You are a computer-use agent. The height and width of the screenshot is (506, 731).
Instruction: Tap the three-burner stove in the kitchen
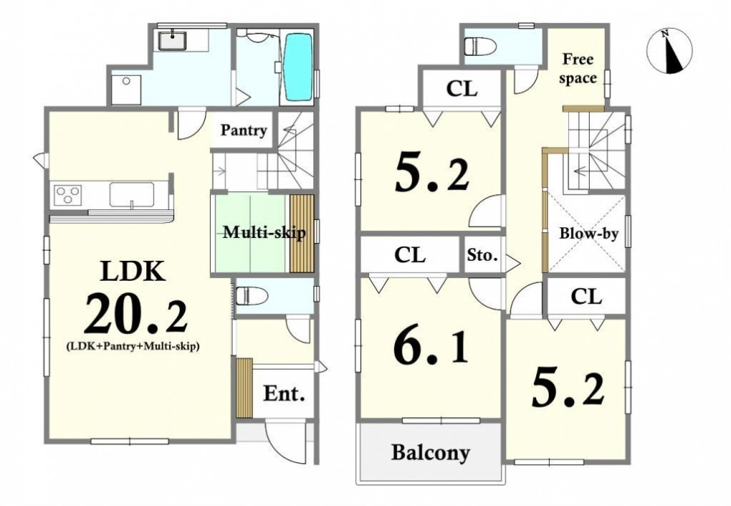click(68, 194)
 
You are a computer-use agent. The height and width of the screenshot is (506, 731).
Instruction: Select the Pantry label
click(244, 130)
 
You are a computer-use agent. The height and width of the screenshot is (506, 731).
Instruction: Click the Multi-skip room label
click(264, 231)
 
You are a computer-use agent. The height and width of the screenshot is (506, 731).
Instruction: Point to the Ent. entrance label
click(284, 394)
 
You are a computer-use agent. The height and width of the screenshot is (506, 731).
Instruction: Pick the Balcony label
click(430, 452)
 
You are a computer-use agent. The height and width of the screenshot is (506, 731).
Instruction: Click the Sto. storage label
click(482, 255)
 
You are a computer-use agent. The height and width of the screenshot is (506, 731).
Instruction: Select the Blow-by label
click(588, 233)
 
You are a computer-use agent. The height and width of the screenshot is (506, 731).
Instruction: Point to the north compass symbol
click(669, 52)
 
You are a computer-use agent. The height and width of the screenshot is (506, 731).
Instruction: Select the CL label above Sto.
click(410, 255)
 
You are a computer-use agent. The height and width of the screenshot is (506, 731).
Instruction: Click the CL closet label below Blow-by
click(586, 296)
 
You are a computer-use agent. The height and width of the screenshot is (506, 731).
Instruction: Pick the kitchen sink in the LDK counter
click(132, 194)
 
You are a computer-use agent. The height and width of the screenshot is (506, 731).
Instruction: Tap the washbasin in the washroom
click(173, 39)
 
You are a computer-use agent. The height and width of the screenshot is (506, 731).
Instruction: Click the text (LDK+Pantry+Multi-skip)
click(133, 346)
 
